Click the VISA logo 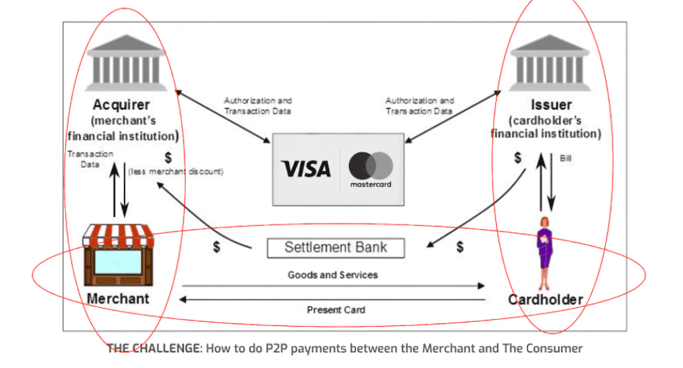point(305,169)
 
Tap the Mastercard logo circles point(371,165)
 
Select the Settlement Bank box point(335,248)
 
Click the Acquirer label point(121,105)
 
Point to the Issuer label point(551,105)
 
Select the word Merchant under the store point(118,298)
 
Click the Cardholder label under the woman point(546,299)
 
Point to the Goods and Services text point(333,275)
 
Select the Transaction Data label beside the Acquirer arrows point(90,158)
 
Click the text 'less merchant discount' point(175,172)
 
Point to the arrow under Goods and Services point(333,286)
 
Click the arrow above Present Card point(333,300)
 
